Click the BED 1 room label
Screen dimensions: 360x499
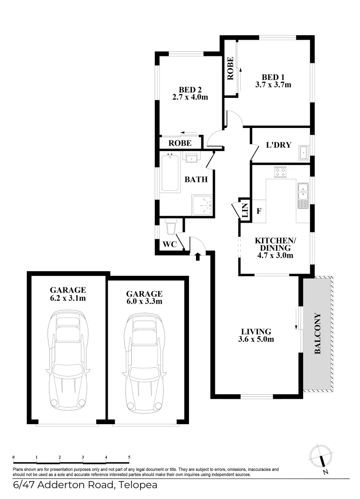pyautogui.click(x=273, y=77)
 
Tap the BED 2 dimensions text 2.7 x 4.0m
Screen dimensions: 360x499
pyautogui.click(x=190, y=97)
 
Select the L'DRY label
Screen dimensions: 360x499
pyautogui.click(x=279, y=145)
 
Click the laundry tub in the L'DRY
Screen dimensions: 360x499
pyautogui.click(x=304, y=153)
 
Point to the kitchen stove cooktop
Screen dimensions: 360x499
pyautogui.click(x=281, y=172)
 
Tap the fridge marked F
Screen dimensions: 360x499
pyautogui.click(x=259, y=211)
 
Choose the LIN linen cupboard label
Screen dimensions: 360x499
pyautogui.click(x=245, y=210)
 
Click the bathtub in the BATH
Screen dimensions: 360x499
pyautogui.click(x=170, y=172)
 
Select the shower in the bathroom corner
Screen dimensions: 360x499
pyautogui.click(x=202, y=205)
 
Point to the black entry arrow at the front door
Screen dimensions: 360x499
pyautogui.click(x=197, y=256)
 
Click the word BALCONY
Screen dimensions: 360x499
pyautogui.click(x=317, y=334)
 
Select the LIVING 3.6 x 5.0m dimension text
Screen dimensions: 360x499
pyautogui.click(x=256, y=339)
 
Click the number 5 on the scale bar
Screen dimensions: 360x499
pyautogui.click(x=129, y=457)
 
